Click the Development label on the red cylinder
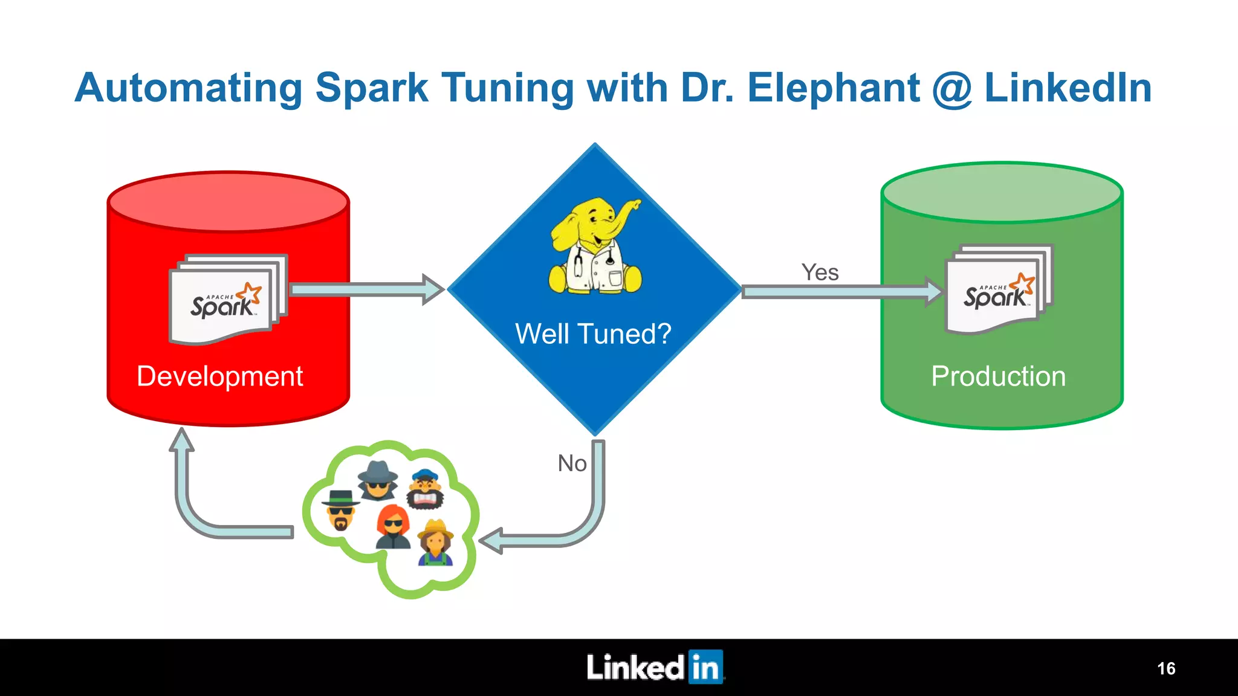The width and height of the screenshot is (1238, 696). pos(219,376)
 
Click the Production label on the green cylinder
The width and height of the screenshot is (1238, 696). pos(998,376)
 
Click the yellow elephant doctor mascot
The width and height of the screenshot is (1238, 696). pos(595,247)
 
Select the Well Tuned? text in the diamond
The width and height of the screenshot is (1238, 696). pos(593,333)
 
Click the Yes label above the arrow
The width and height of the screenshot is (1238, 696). pos(820,272)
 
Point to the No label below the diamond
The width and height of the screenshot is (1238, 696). pos(572,463)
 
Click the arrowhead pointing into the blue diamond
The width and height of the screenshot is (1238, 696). pos(432,289)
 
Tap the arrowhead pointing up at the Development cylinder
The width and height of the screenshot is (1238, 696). pos(181,439)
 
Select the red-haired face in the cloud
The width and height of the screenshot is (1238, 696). pos(394,527)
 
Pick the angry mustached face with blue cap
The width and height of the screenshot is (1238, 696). pos(426,489)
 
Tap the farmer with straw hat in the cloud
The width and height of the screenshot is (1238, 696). pos(436,543)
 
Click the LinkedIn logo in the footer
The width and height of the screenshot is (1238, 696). pos(655,668)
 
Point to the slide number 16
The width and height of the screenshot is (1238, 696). pos(1166,668)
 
